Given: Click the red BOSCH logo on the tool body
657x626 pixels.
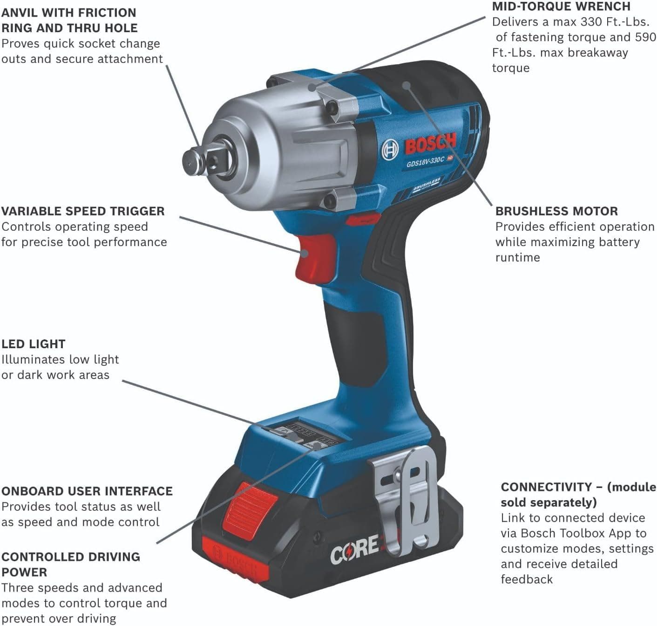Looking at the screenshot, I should [430, 144].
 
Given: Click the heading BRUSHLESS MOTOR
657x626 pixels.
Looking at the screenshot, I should [556, 211].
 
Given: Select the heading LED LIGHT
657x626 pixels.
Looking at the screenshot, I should [33, 344].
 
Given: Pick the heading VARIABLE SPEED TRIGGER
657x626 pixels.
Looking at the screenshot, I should [83, 211].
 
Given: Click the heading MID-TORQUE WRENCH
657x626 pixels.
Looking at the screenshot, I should [561, 7].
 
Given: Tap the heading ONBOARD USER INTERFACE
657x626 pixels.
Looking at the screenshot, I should [87, 491].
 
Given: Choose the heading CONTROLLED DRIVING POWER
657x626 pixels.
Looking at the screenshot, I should [70, 564].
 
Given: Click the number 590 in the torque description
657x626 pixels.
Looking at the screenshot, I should [645, 37].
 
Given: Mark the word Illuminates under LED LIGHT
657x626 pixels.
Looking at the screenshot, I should [33, 359].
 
